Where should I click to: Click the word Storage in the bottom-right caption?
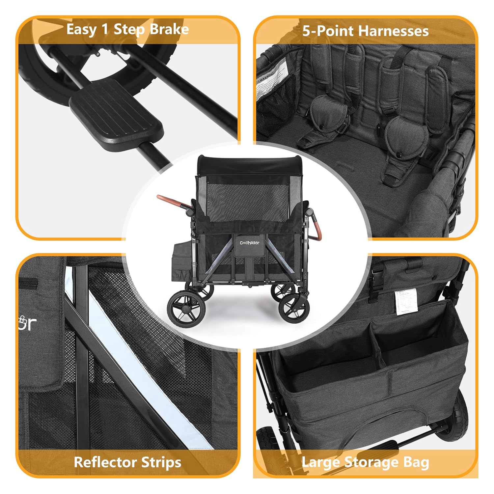[372, 462]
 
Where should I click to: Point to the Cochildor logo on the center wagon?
[249, 243]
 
